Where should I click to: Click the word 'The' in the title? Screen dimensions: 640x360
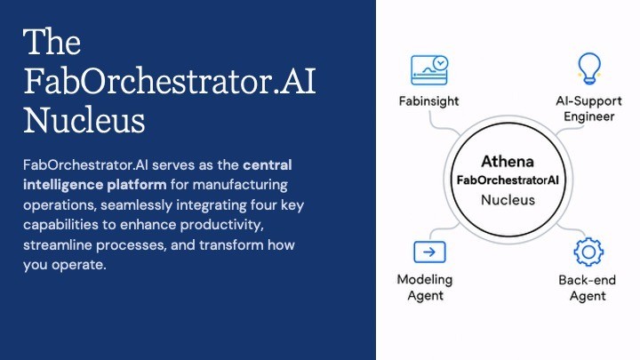(x=52, y=41)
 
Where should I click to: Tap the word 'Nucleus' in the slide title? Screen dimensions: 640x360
(x=84, y=120)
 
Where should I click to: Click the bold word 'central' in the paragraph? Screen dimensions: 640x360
(x=268, y=165)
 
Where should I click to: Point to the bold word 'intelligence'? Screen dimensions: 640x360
(x=63, y=185)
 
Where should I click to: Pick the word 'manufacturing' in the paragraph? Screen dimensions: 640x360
(x=240, y=185)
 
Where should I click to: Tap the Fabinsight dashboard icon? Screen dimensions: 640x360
(x=429, y=70)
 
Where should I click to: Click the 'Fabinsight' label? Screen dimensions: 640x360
(x=428, y=100)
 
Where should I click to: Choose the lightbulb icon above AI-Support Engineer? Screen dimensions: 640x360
(x=589, y=68)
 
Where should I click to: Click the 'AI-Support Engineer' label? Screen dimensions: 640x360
(x=588, y=108)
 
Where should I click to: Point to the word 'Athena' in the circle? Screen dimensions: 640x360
(x=508, y=161)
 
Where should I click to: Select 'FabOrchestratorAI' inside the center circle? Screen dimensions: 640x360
(x=508, y=180)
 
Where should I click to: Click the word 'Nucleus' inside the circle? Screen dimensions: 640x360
(x=508, y=200)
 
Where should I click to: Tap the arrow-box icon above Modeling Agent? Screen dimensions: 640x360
(x=429, y=252)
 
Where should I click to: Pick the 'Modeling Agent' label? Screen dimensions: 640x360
(x=425, y=287)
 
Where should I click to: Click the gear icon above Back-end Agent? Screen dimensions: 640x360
(x=588, y=252)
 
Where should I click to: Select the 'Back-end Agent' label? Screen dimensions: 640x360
(x=588, y=288)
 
